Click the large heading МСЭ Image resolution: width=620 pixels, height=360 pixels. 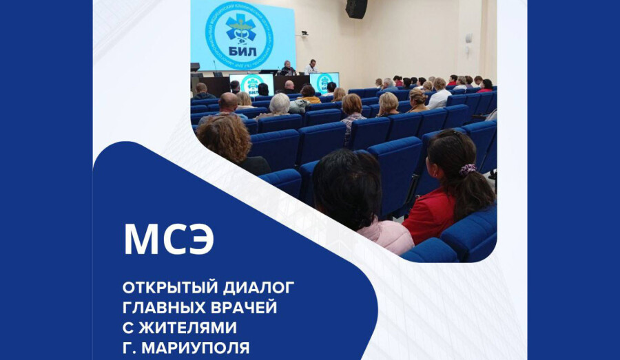(169, 239)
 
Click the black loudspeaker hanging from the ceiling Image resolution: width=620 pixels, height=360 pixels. (356, 8)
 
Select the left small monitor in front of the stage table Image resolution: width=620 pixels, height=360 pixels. (251, 83)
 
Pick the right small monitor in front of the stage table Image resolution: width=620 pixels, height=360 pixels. (323, 82)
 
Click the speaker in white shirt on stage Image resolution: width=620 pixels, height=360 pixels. (311, 67)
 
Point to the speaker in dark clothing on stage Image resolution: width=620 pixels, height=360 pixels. (287, 68)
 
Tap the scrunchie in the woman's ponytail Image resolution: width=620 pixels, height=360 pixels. (468, 169)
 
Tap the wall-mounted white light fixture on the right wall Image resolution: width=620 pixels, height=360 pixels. (468, 39)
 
